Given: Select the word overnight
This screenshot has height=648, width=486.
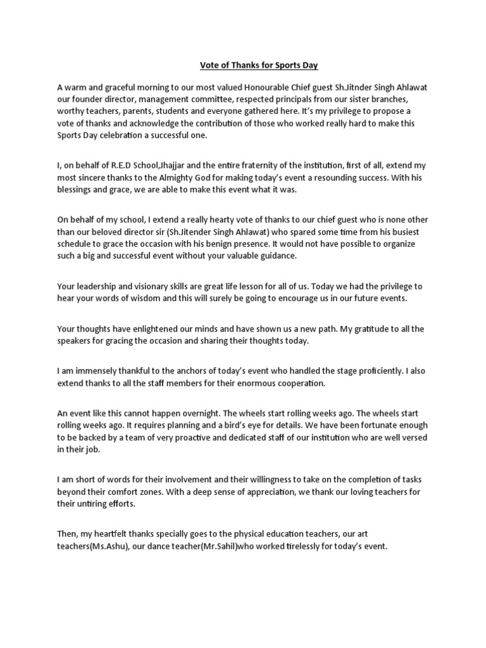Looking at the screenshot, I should [x=197, y=414].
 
